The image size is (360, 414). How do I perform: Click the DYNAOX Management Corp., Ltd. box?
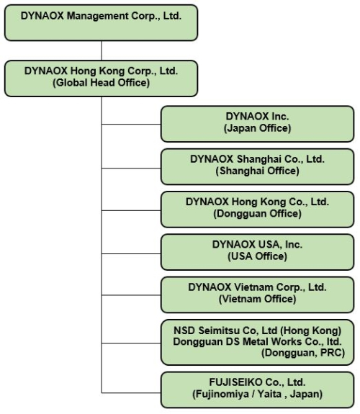101,23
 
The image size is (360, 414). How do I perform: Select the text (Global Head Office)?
101,83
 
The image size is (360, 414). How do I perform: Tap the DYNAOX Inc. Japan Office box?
257,124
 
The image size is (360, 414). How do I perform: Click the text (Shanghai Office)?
257,171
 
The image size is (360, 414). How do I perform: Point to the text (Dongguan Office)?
257,214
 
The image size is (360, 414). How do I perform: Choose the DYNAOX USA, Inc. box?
257,252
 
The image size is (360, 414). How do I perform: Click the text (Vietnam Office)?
257,299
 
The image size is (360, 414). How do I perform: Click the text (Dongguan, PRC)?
303,353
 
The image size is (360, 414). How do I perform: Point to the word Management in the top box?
98,16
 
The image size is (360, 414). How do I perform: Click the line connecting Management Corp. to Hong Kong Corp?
102,50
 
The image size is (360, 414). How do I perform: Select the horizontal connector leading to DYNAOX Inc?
131,124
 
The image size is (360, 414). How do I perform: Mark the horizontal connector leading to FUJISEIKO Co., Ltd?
131,393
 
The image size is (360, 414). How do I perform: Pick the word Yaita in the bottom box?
269,394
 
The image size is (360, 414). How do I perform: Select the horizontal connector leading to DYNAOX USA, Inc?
131,253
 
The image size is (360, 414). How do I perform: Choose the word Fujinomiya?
221,394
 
